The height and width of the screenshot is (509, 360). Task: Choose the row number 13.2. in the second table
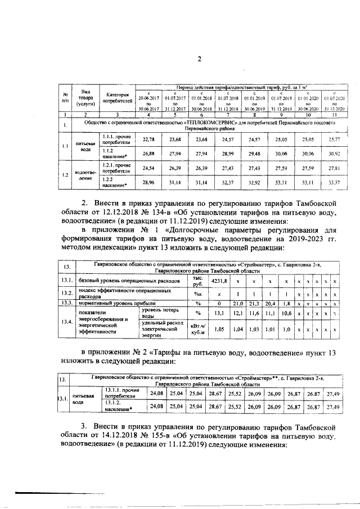pos(67,292)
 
